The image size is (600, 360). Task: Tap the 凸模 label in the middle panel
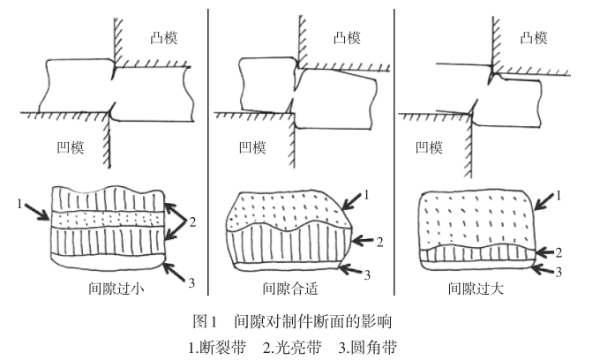347,37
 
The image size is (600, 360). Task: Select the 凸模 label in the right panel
534,37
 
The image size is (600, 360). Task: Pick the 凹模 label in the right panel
430,147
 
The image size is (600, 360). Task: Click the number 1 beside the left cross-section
18,204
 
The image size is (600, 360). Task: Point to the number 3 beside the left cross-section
192,283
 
